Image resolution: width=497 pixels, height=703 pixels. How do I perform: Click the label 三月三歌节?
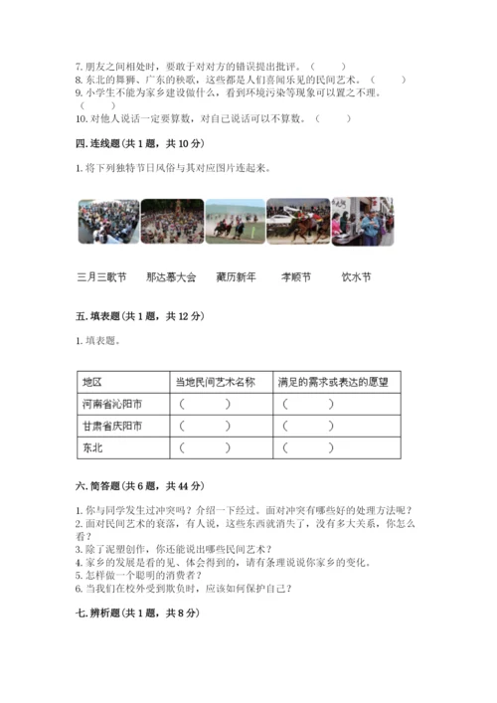pos(101,276)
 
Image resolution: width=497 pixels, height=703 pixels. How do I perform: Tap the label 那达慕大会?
pos(170,276)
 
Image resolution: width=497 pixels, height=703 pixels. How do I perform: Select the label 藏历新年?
pos(237,276)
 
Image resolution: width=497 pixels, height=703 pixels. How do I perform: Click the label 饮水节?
pos(356,276)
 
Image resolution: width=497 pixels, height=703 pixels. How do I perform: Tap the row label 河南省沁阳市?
pos(111,404)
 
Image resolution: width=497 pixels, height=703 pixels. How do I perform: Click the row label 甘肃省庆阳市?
pos(111,426)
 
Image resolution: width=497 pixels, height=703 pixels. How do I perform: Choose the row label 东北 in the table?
pos(92,447)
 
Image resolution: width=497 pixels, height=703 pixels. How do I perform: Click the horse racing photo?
pos(235,221)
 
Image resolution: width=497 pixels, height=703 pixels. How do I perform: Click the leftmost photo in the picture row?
pos(108,221)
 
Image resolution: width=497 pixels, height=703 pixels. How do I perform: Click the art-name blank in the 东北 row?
pos(206,447)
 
